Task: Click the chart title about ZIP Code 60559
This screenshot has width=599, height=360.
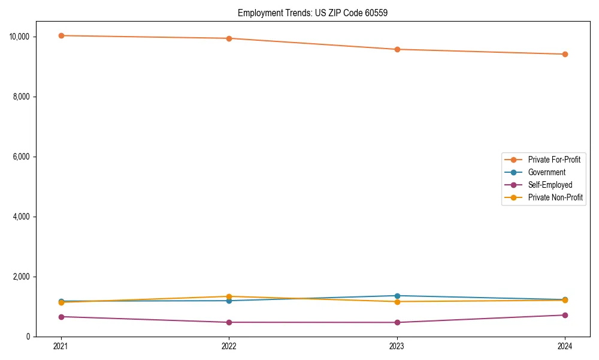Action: tap(312, 13)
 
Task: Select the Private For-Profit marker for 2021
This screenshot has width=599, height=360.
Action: tap(61, 35)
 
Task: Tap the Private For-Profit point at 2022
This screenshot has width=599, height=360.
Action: tap(229, 38)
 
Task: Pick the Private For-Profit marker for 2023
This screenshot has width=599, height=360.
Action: tap(397, 49)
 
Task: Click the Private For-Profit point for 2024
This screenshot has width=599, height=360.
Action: tap(565, 54)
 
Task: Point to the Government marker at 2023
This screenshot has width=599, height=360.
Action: tap(397, 296)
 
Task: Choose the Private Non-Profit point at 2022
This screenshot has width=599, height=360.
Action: tap(229, 296)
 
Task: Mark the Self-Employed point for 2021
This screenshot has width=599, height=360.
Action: tap(61, 317)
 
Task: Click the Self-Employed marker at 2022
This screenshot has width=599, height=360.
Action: tap(229, 322)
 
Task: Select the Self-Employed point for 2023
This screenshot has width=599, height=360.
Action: tap(397, 322)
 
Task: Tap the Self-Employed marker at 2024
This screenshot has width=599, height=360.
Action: tap(565, 315)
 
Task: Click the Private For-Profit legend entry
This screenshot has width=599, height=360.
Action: tap(554, 160)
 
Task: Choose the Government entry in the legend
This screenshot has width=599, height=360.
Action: tap(546, 172)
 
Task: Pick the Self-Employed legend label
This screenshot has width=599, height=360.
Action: tap(550, 185)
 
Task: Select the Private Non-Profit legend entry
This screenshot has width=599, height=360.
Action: tap(555, 197)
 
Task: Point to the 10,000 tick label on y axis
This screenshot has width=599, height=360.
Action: tap(20, 37)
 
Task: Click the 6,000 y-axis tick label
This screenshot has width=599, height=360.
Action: tap(23, 157)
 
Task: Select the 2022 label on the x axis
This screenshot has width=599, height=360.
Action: tap(229, 346)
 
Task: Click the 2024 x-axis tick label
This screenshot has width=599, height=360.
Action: tap(565, 346)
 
